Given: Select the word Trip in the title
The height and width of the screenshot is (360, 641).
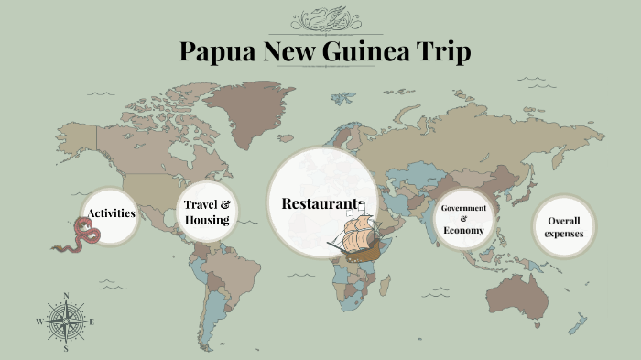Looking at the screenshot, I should point(445,51).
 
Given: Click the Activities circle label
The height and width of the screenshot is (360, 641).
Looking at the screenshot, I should point(111,213).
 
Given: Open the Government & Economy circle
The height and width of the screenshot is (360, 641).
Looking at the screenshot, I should point(463,219).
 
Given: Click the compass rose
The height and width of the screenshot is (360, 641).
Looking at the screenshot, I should point(66,322).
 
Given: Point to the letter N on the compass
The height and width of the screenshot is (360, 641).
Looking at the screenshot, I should point(66,296).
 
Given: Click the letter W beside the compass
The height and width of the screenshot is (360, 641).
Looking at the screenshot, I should point(39,322).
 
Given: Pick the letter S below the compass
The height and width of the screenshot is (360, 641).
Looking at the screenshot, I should point(66,349).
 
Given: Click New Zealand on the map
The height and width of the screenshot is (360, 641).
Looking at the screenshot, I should point(577,322).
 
